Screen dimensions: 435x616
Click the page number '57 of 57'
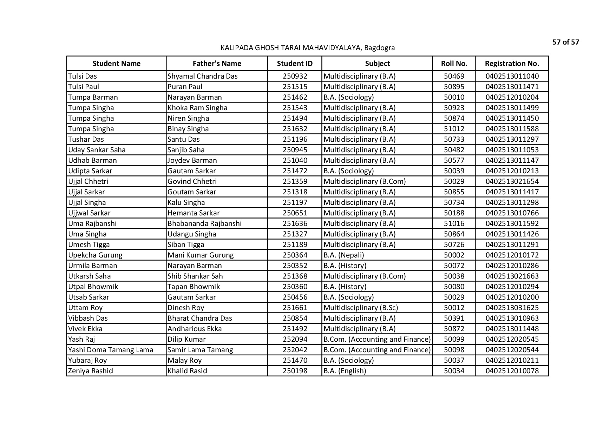coord(565,42)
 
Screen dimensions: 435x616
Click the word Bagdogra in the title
coord(379,48)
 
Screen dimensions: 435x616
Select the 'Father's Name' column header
coord(217,63)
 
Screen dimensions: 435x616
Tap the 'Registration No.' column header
coord(512,63)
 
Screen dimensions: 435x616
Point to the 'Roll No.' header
coord(454,63)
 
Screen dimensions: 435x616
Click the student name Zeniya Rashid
coord(91,371)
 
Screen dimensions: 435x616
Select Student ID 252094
coord(295,339)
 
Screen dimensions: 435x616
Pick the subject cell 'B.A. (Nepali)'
coord(343,255)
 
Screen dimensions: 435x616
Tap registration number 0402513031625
coord(512,308)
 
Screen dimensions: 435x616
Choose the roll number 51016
coord(454,223)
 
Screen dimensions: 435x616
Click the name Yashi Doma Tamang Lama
coord(111,350)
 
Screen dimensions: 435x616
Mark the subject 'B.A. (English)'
coord(345,371)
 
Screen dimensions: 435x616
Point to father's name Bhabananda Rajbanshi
coord(204,223)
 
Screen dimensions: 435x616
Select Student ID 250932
coord(295,76)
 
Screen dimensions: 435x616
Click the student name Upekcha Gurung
coord(95,255)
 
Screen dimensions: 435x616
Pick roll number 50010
coord(454,97)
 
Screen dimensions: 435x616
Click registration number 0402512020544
coord(512,350)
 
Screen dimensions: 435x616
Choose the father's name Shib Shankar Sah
coord(195,276)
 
